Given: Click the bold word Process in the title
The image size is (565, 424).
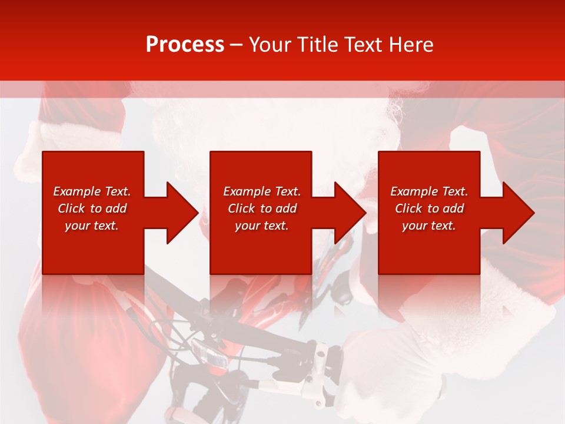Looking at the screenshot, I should tap(185, 45).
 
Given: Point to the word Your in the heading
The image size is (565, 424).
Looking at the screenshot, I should tap(271, 45).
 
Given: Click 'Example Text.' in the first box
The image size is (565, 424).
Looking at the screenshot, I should tap(92, 191).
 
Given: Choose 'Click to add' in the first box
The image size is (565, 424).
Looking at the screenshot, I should tap(92, 208).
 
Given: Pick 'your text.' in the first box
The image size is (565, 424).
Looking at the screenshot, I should tap(92, 226).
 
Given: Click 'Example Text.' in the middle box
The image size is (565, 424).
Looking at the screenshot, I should tap(262, 191).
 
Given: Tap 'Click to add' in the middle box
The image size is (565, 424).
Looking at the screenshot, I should tap(262, 208).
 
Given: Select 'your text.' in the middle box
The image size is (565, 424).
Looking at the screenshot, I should tap(262, 226).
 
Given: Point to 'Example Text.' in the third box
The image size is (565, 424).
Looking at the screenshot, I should tap(429, 191).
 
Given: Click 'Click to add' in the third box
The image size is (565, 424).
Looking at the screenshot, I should tap(429, 208).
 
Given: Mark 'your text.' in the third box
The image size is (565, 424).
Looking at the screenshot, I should tap(429, 226).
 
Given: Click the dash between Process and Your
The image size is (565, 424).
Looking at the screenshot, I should tap(237, 45).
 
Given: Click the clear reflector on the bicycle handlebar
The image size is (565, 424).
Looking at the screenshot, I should tap(211, 354).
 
